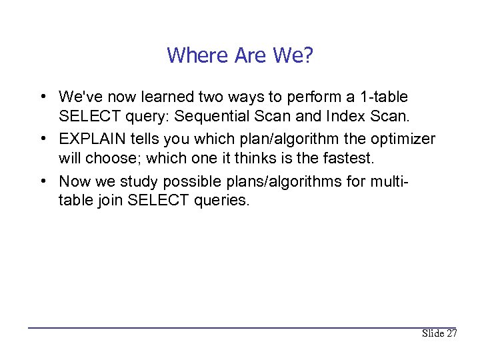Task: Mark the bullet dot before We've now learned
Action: click(42, 97)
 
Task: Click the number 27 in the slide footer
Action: click(451, 333)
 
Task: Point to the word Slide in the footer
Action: click(433, 333)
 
